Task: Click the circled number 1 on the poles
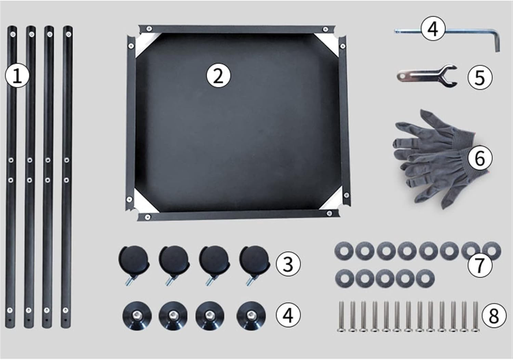tap(17, 76)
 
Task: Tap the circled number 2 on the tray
tap(218, 76)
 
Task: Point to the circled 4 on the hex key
tap(433, 30)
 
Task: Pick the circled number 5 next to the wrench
tap(480, 77)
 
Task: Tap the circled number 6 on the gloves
tap(480, 158)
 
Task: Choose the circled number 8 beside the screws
tap(494, 316)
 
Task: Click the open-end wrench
tap(428, 76)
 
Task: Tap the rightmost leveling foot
tap(251, 316)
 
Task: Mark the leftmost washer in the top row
tap(344, 251)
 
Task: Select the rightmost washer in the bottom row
tap(425, 279)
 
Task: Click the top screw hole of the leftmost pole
tap(13, 35)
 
